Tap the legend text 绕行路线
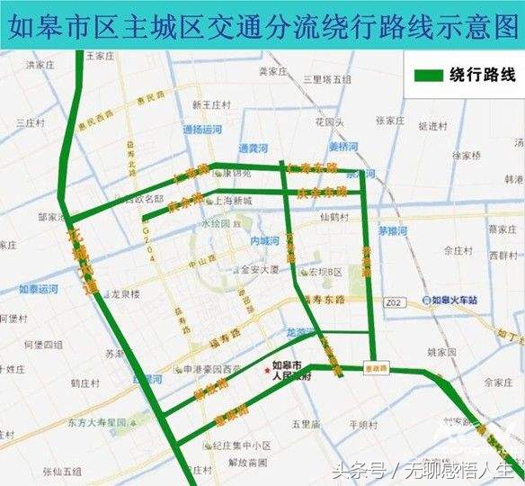(482, 76)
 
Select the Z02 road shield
(392, 304)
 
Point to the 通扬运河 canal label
(202, 130)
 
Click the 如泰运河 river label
(40, 290)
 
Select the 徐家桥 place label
(468, 156)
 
